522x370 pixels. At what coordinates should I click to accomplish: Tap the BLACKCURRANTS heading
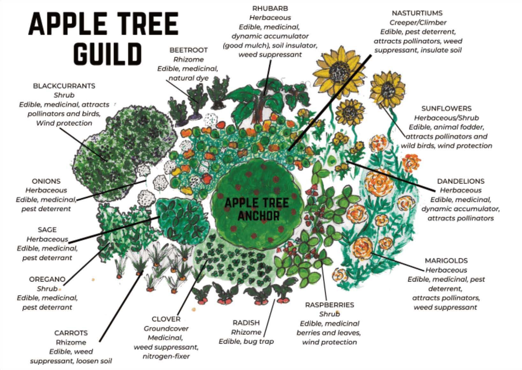64,86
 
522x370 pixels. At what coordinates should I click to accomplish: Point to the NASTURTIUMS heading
417,13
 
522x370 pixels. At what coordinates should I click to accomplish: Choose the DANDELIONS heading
460,181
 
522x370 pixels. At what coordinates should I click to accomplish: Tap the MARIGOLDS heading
446,261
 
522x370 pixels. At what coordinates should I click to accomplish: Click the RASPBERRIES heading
329,305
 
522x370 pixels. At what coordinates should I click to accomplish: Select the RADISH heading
246,323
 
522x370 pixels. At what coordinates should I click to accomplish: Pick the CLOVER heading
166,319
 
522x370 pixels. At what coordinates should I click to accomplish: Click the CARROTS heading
71,333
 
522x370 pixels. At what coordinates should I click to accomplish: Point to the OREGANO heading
47,279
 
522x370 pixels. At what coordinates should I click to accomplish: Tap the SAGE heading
47,230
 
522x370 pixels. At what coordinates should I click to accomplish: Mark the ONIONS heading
46,181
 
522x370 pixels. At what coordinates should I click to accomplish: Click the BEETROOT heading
188,50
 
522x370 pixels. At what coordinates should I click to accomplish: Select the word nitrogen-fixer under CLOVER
166,356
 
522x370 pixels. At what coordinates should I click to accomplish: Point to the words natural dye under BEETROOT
188,78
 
